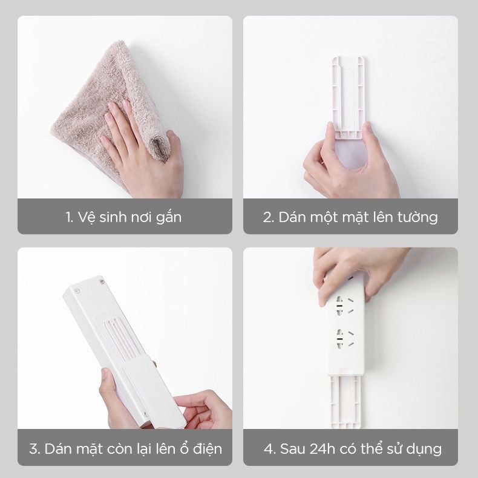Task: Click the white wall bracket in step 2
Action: tap(349, 91)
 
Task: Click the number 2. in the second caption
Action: tap(269, 217)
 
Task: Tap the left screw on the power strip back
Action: tap(77, 291)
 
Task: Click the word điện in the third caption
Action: tap(206, 449)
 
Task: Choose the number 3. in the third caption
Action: tap(35, 449)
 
